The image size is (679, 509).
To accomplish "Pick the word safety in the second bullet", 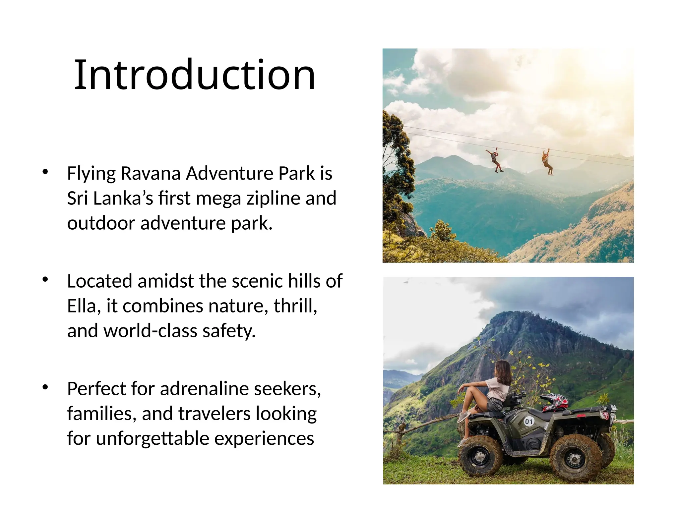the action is [x=229, y=331].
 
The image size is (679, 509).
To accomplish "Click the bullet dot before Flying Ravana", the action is [x=45, y=172].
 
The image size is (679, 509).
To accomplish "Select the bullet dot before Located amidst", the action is [x=45, y=279].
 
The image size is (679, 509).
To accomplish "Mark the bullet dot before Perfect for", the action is [x=45, y=387].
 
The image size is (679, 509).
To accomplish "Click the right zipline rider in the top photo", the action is [x=547, y=162].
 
